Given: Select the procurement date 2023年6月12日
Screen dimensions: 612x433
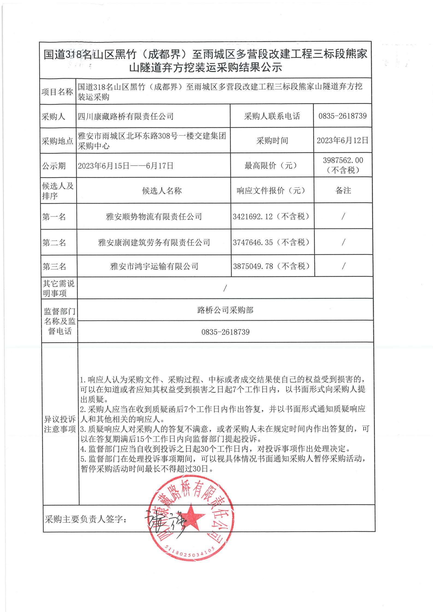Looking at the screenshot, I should click(342, 141).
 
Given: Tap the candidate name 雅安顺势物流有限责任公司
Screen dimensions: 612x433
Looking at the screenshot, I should click(154, 217).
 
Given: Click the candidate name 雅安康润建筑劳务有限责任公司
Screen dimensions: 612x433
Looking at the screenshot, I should click(154, 243).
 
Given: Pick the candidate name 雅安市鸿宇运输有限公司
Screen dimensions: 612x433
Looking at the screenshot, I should click(154, 267).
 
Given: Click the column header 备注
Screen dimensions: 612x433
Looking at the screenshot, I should click(343, 191).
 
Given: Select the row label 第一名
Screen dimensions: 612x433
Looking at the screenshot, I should click(54, 217).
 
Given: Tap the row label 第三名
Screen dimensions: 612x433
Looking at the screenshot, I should click(54, 267).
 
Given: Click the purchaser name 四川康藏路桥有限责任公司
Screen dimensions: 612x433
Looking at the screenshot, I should click(126, 117).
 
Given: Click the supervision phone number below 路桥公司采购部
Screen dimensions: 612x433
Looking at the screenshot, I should click(225, 332).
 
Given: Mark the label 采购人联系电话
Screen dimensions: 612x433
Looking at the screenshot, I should click(272, 116).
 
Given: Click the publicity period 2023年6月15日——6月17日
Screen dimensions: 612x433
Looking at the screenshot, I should click(126, 166).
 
